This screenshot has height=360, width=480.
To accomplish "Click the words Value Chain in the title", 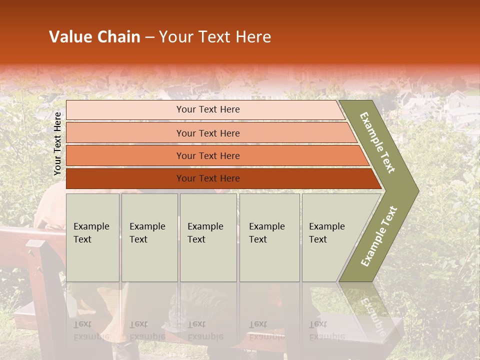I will pos(94,37).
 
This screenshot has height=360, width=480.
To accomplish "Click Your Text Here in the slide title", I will pos(215,37).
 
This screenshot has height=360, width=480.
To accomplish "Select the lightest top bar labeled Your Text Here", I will pos(208,109).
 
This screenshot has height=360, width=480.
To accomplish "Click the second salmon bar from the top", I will pos(208,133).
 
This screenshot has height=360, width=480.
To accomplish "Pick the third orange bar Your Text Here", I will pos(208,155).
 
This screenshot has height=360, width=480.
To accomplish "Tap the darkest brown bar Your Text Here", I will pos(208,178).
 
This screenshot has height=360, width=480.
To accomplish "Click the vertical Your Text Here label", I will pos(57,143).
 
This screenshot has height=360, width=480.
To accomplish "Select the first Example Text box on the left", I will pos(92,237).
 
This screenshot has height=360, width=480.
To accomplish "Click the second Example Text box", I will pos(149,237).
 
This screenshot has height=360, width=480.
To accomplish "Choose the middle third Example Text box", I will pos(208,237).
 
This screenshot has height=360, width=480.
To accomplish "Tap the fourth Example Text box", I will pos(269,237).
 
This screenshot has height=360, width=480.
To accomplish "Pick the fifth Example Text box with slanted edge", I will pos(330,237).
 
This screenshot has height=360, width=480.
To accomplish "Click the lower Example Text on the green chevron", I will pos(378,236).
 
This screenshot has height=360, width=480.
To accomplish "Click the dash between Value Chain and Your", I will pos(149,37).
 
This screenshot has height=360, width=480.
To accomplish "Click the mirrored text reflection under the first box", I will pos(91,330).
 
